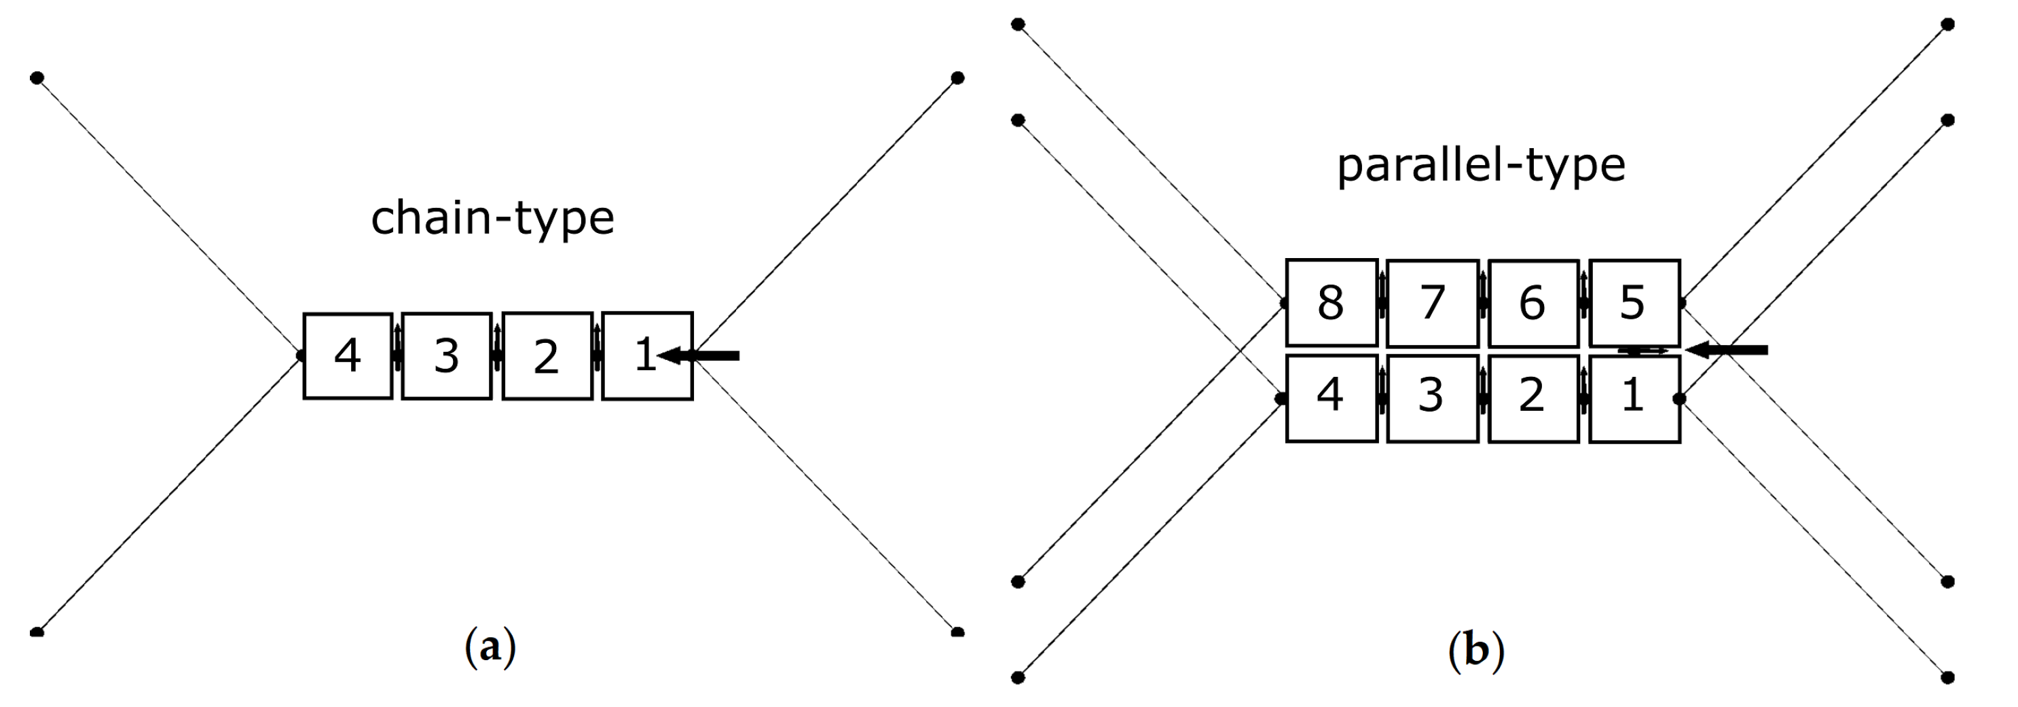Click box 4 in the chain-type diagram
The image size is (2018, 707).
(x=348, y=356)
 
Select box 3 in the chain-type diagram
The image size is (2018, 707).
(x=447, y=356)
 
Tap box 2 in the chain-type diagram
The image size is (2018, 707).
(x=547, y=356)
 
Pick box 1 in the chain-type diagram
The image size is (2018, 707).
(x=638, y=356)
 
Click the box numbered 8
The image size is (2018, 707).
(x=1331, y=302)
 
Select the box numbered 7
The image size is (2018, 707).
(x=1432, y=302)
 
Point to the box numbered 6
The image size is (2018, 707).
(x=1533, y=302)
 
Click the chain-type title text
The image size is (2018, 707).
(x=492, y=218)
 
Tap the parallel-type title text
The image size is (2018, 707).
(x=1481, y=166)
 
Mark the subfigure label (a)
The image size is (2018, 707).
(x=490, y=647)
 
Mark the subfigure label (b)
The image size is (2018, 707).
(x=1476, y=651)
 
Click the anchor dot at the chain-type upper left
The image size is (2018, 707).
(x=37, y=77)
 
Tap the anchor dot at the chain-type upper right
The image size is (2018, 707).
(x=957, y=77)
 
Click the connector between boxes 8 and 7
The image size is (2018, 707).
(x=1382, y=302)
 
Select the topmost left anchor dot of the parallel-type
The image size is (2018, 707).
(x=1018, y=24)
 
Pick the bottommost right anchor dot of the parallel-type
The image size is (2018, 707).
(x=1947, y=677)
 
